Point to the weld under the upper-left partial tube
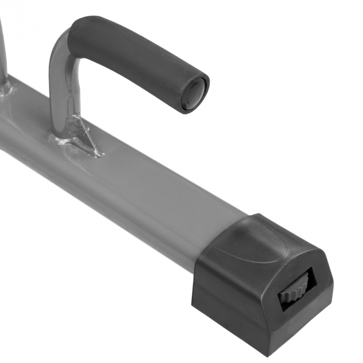click(x=6, y=91)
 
